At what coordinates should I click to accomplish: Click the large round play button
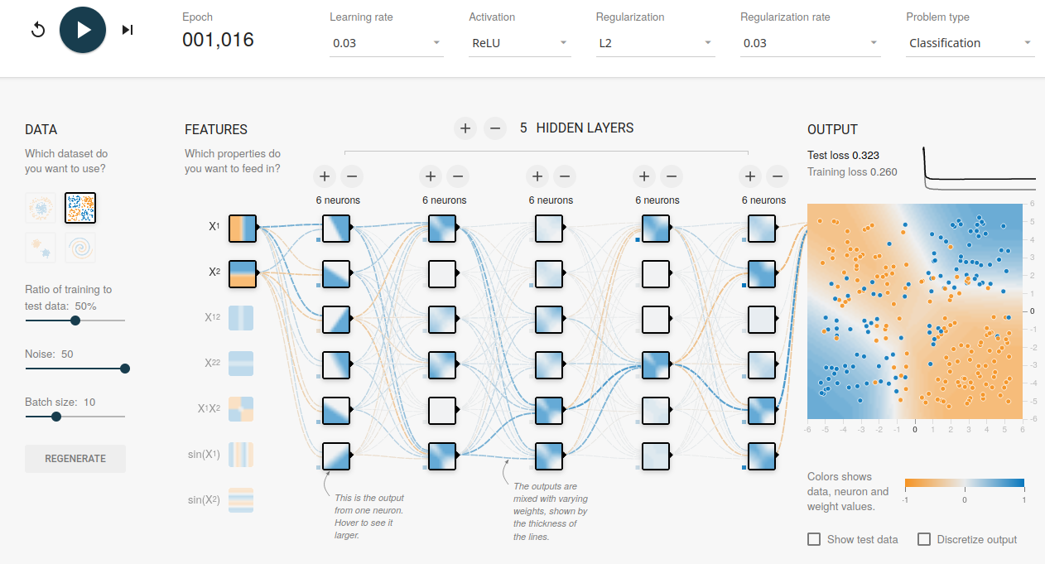pos(83,30)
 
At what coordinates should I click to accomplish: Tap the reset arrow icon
pos(38,30)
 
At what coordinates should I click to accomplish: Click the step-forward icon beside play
pos(128,30)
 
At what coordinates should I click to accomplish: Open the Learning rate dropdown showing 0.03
pos(386,43)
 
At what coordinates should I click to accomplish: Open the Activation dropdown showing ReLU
pos(520,43)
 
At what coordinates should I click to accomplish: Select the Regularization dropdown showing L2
pos(656,43)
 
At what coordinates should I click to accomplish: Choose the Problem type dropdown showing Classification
pos(970,43)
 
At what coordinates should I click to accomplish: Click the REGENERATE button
pos(75,459)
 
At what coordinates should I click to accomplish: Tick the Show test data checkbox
pos(814,539)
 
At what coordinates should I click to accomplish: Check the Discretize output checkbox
pos(924,539)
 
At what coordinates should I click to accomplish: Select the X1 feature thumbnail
pos(243,229)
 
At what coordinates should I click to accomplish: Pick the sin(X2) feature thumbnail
pos(241,500)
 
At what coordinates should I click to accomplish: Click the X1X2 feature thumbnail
pos(241,409)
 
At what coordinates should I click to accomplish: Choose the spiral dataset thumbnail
pos(80,248)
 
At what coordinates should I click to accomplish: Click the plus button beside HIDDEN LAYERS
pos(465,128)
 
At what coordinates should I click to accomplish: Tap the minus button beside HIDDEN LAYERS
pos(495,128)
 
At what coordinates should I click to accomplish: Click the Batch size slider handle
pos(56,417)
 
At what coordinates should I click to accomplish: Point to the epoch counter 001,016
pos(218,40)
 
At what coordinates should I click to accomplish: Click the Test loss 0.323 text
pos(843,156)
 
